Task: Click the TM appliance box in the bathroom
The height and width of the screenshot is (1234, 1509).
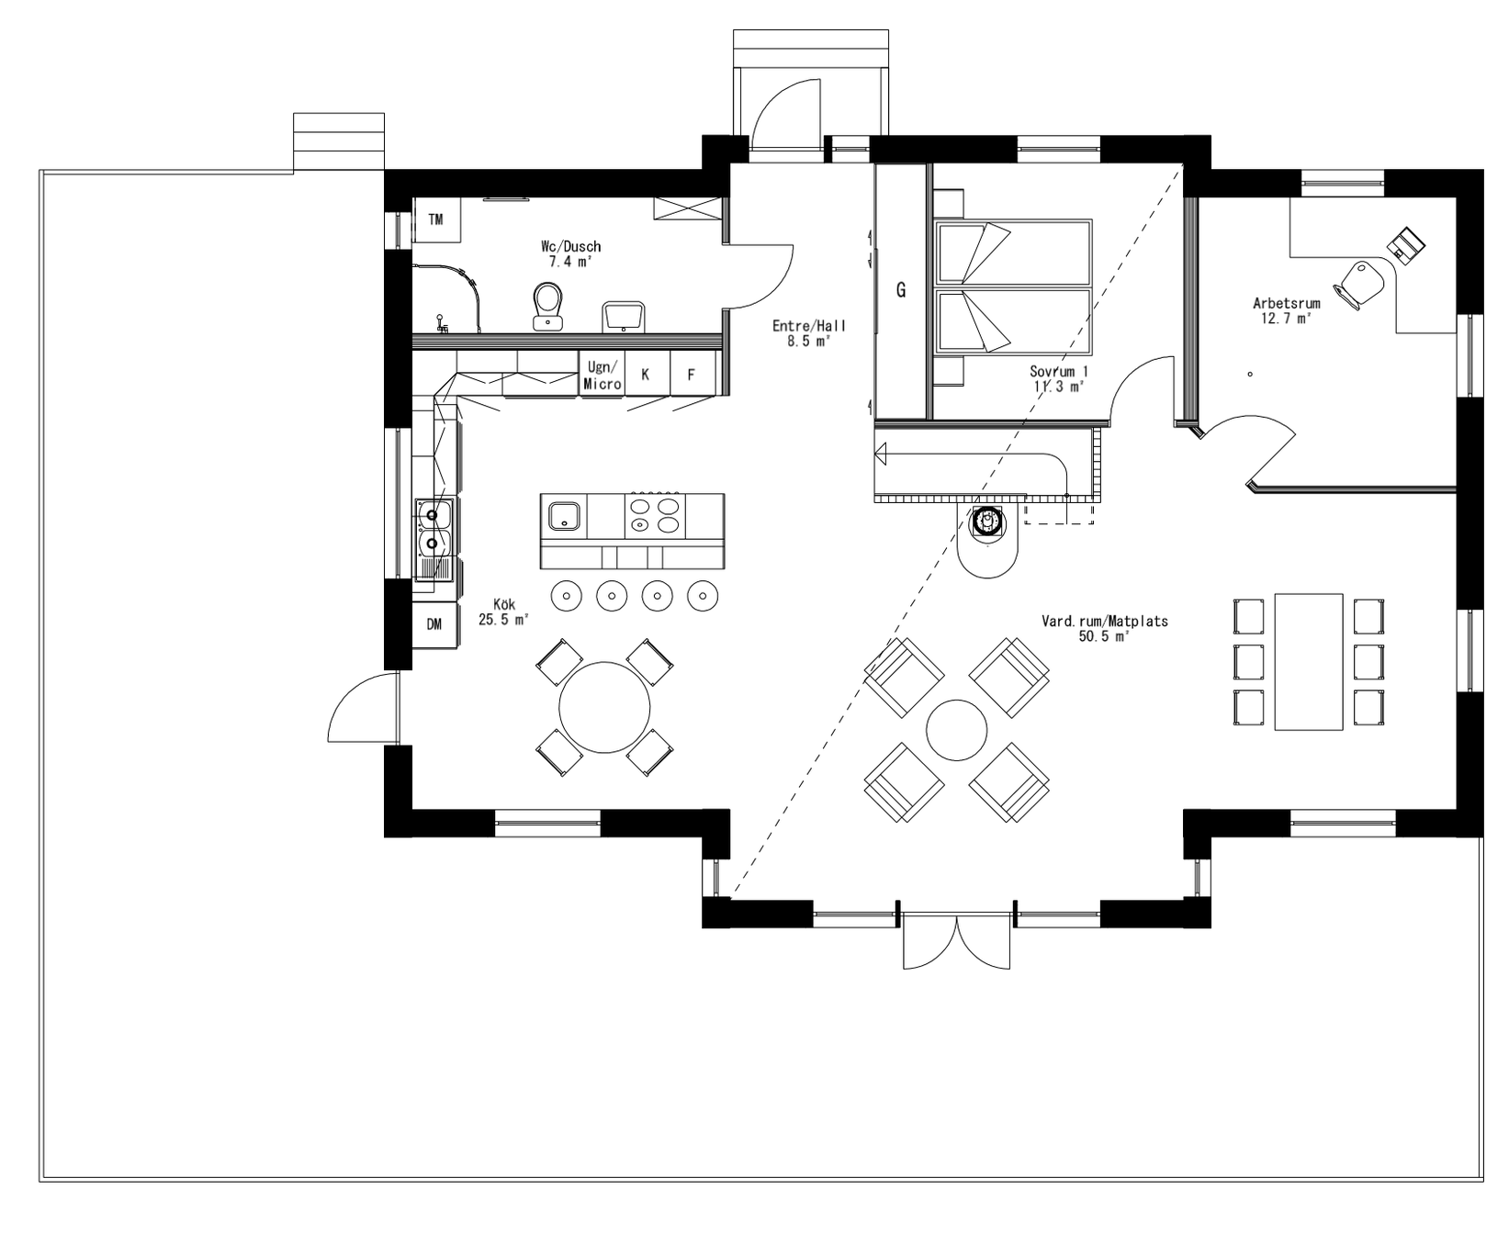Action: pos(435,219)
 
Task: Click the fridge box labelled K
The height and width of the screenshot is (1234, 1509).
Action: pos(646,375)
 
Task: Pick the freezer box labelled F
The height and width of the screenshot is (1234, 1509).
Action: pos(692,375)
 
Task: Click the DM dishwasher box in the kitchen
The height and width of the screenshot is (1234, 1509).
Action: pos(434,624)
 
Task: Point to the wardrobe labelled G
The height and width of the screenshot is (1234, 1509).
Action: pos(901,291)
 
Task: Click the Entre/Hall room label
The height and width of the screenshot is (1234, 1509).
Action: pos(808,332)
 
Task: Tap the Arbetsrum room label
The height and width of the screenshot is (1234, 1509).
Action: pos(1286,310)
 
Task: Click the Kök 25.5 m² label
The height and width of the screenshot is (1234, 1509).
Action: pos(504,611)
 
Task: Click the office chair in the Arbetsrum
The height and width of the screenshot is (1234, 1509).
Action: pos(1358,282)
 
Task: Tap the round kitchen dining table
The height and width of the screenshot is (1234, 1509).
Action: pos(604,706)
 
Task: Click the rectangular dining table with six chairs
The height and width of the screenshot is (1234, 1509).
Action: pos(1308,661)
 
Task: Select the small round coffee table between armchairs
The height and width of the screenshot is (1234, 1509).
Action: pos(956,729)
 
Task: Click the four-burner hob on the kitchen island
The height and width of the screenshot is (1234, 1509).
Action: pos(654,515)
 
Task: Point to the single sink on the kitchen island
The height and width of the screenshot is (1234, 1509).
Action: pos(563,516)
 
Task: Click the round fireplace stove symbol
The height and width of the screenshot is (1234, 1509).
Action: pos(987,522)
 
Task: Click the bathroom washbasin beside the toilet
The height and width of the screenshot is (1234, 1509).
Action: pos(625,316)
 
